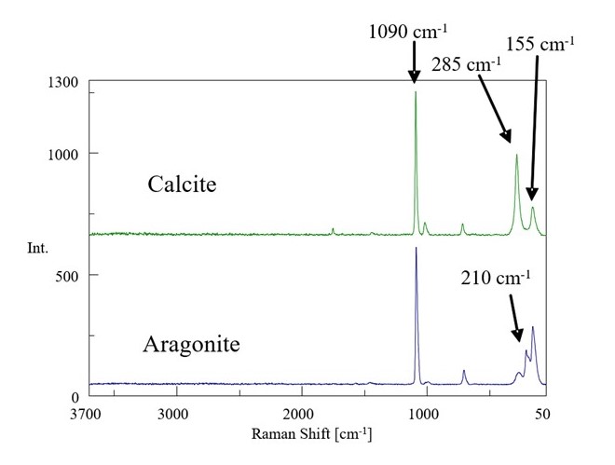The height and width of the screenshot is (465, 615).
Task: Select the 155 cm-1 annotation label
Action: click(541, 43)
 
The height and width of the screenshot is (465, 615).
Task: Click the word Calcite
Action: click(182, 184)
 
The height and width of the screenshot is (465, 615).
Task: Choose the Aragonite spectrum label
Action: click(191, 344)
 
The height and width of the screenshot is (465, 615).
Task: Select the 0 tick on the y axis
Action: click(76, 397)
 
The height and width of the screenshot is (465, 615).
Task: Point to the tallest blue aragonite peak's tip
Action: click(416, 248)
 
